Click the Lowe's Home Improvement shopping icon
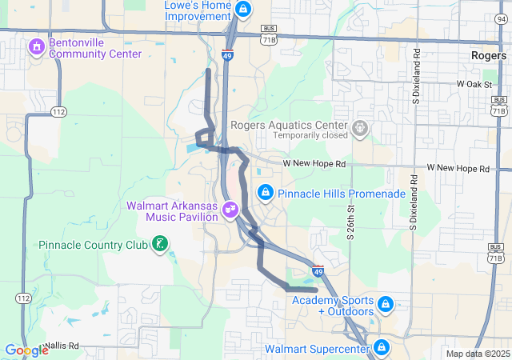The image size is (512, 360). pyautogui.click(x=243, y=10)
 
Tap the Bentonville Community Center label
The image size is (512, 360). pyautogui.click(x=95, y=48)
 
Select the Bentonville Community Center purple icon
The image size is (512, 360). pyautogui.click(x=36, y=48)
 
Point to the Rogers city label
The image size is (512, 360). pyautogui.click(x=487, y=55)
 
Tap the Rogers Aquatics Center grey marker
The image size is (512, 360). pyautogui.click(x=361, y=126)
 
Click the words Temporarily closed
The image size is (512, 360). pyautogui.click(x=310, y=135)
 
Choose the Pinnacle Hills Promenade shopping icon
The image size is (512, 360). pyautogui.click(x=265, y=193)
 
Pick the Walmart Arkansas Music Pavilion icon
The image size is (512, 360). pyautogui.click(x=230, y=210)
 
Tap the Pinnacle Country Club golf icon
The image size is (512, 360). pyautogui.click(x=160, y=244)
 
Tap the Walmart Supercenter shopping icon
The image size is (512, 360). pyautogui.click(x=381, y=349)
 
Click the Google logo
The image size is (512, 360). pyautogui.click(x=26, y=350)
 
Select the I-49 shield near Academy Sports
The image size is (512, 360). pyautogui.click(x=318, y=272)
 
